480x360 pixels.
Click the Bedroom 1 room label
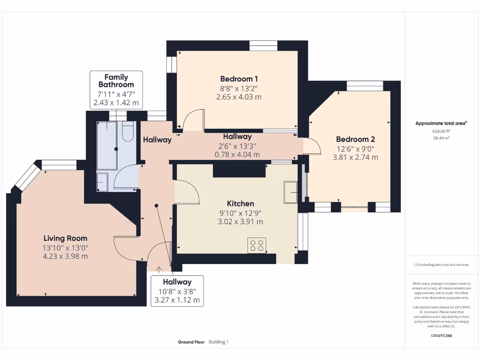point(239,79)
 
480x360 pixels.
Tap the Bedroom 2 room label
point(355,139)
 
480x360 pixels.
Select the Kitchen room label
point(240,203)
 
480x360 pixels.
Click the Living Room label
point(66,238)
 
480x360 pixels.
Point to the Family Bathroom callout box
point(116,90)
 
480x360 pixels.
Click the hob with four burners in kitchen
point(257,245)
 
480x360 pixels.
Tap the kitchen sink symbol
point(291,192)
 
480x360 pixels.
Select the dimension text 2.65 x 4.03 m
point(239,97)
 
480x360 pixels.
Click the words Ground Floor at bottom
point(191,342)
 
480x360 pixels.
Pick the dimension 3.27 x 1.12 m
point(177,300)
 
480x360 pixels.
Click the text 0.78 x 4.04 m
point(237,154)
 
